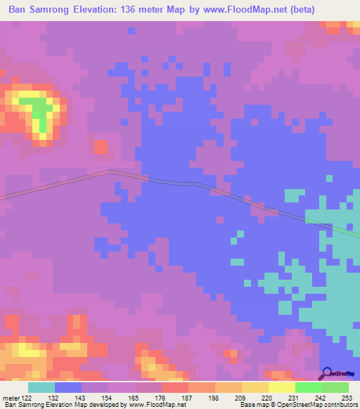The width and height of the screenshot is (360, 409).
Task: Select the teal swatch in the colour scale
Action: (41, 387)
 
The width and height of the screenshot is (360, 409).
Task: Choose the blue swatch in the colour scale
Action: (68, 387)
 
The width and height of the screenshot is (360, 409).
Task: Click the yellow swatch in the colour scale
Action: (282, 387)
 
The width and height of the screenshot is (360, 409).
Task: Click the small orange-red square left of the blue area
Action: (101, 148)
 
